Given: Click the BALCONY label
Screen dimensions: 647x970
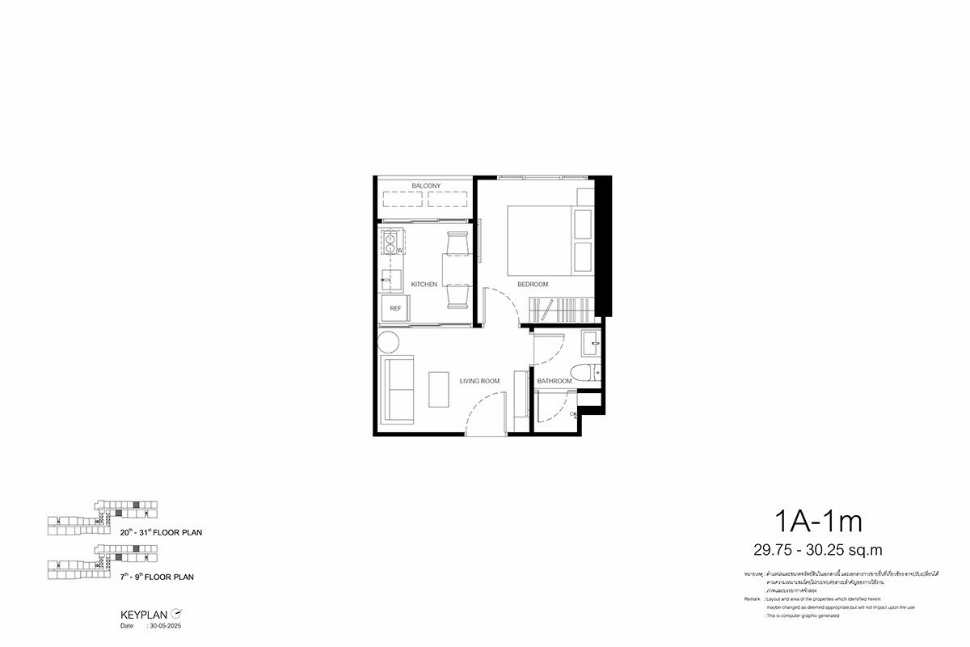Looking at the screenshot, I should pos(425,186).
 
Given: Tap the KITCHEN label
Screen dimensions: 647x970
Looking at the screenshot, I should pos(424,285).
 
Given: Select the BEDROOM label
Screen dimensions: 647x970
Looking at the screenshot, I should pos(533,285).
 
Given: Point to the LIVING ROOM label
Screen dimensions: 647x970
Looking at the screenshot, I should pos(479,381).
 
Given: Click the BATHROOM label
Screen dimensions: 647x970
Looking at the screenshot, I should pos(555,381).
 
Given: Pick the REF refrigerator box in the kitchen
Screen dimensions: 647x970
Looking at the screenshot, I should pos(395,308).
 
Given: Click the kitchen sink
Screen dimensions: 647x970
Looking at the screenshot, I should pos(391,280).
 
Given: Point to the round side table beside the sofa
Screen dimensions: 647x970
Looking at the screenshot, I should pos(388,341).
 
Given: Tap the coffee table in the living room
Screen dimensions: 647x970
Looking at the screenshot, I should pos(440,390).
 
